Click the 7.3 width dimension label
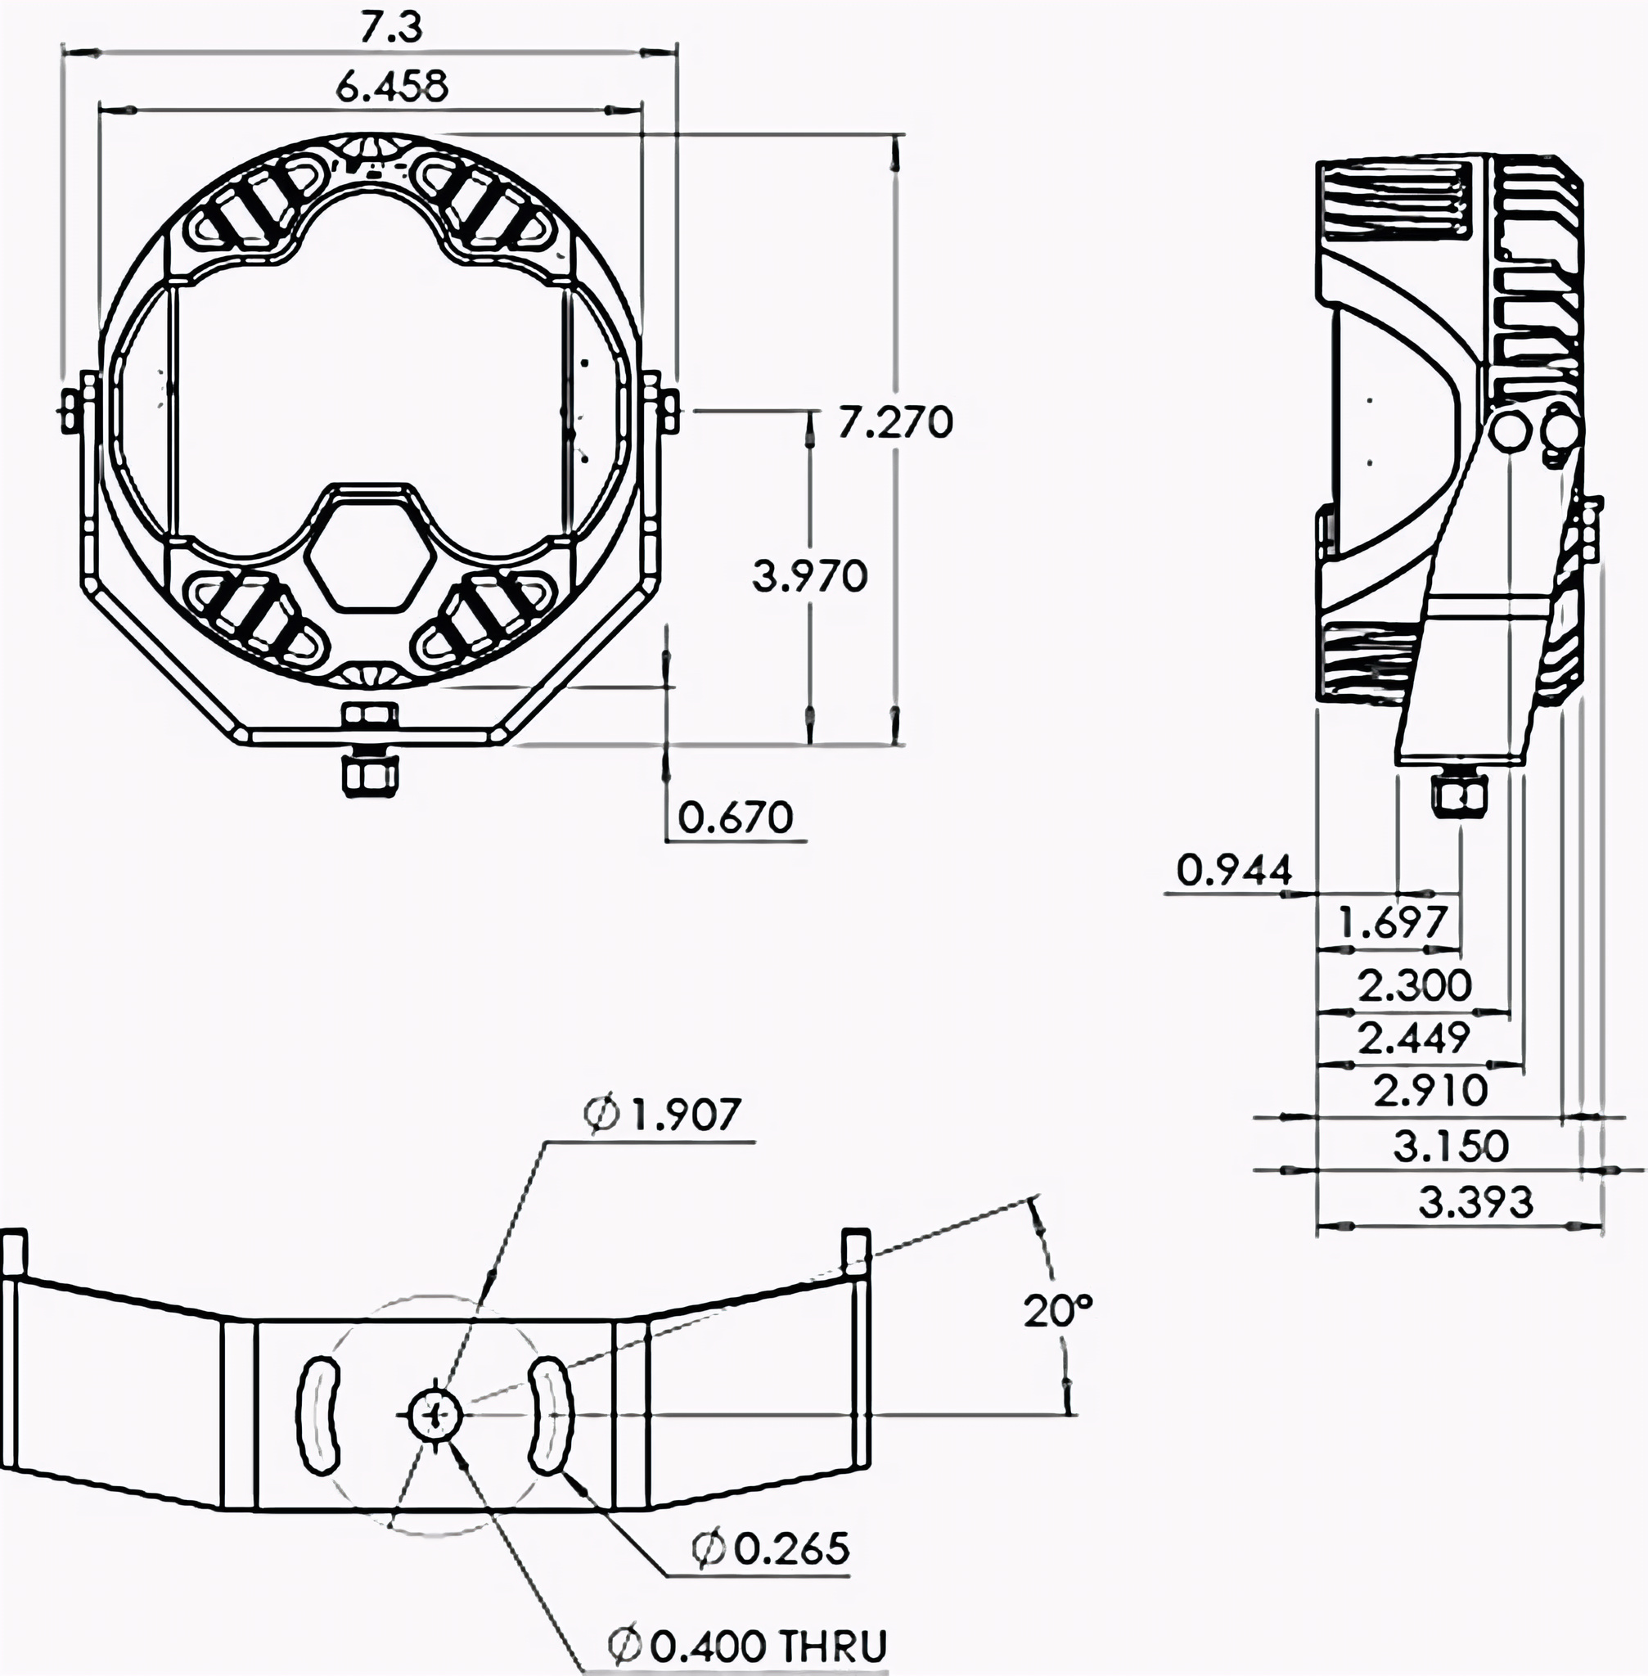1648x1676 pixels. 391,28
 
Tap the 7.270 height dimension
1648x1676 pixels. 894,422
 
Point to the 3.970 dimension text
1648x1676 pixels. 809,575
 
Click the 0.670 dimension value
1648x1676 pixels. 735,817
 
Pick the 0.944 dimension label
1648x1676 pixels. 1234,870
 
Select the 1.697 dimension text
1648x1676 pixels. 1392,923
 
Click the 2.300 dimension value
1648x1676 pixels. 1414,985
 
